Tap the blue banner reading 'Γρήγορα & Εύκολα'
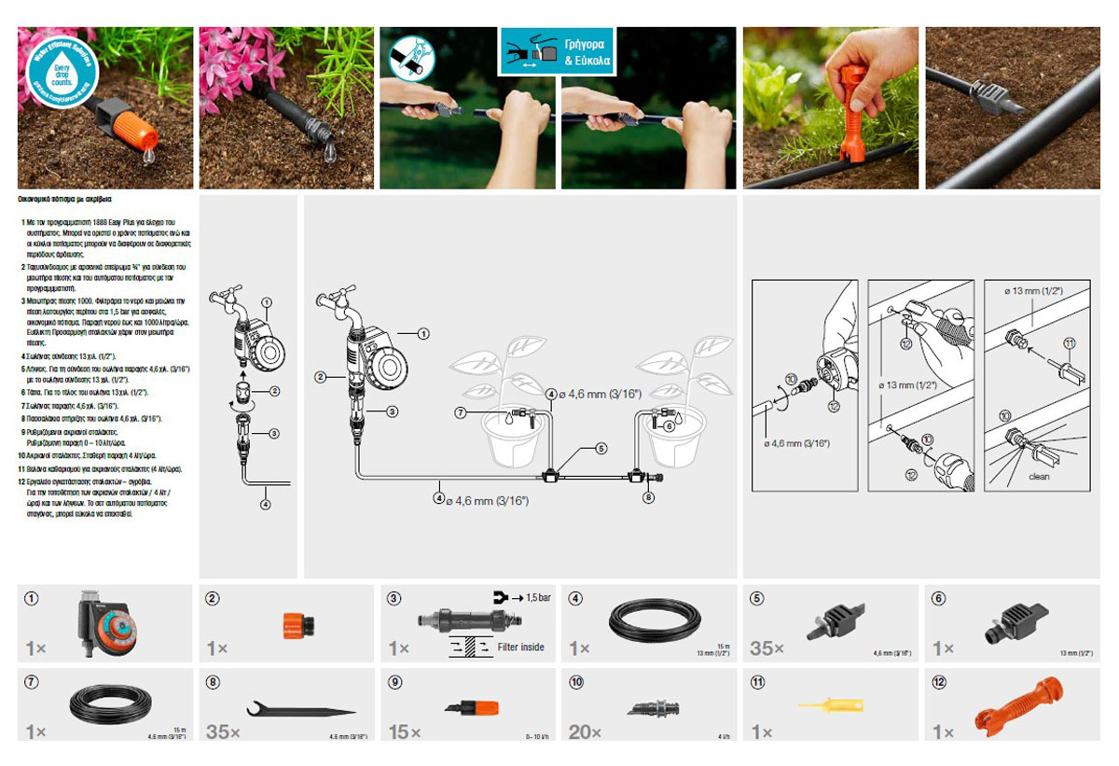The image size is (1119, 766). pyautogui.click(x=558, y=50)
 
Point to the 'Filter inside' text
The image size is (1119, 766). pyautogui.click(x=520, y=647)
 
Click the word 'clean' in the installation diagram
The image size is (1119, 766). pyautogui.click(x=1039, y=477)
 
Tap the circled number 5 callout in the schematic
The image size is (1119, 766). pyautogui.click(x=601, y=449)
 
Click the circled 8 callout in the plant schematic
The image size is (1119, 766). pyautogui.click(x=649, y=497)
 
